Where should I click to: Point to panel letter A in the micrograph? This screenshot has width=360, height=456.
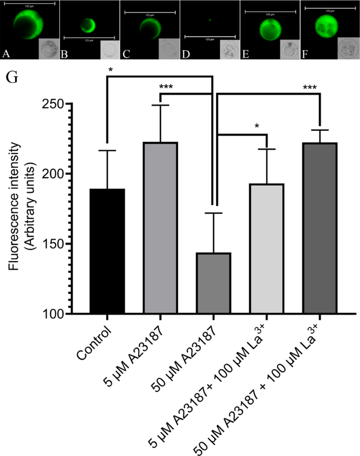coord(6,53)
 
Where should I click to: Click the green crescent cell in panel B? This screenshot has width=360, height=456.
coord(88,26)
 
